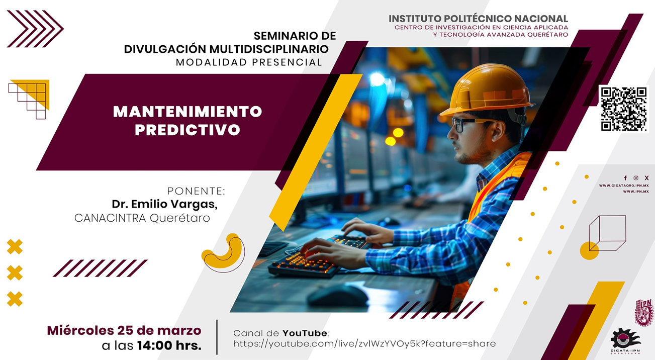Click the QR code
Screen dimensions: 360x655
624,109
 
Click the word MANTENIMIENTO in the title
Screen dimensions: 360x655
188,111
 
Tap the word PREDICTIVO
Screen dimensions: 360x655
188,130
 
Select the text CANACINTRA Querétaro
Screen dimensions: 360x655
142,218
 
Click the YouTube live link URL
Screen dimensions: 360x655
364,344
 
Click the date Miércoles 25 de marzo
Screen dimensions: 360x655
124,330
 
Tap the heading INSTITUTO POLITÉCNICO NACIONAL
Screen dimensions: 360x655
478,19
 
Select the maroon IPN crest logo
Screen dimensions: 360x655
644,312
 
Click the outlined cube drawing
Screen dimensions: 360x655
607,232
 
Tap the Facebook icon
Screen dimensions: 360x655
625,178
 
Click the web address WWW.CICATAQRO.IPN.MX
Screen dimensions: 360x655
623,186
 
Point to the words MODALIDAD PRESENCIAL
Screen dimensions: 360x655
249,62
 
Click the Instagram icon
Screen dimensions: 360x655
636,178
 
